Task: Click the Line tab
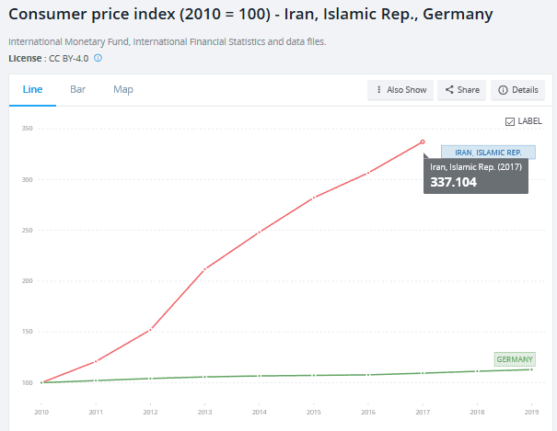[32, 89]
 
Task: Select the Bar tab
[78, 89]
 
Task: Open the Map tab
[123, 89]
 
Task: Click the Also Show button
[401, 90]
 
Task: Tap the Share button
[462, 90]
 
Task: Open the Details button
[518, 90]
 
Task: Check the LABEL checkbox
[510, 121]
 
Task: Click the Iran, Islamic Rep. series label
[488, 152]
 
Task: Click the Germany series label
[515, 359]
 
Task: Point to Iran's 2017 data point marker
[423, 142]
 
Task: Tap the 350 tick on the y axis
[28, 129]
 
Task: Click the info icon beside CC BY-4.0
[98, 58]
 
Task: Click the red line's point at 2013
[204, 268]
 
